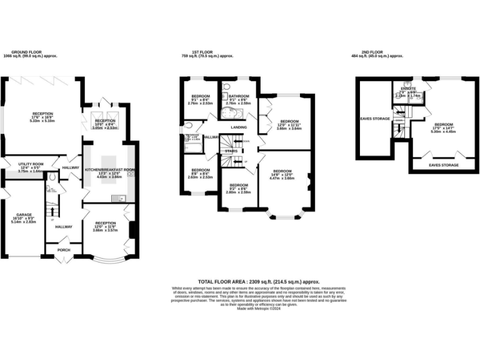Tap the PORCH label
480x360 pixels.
click(63, 250)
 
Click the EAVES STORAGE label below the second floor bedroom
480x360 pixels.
click(443, 165)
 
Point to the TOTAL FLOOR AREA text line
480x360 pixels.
click(240, 282)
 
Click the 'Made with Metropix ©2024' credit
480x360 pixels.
click(240, 308)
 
